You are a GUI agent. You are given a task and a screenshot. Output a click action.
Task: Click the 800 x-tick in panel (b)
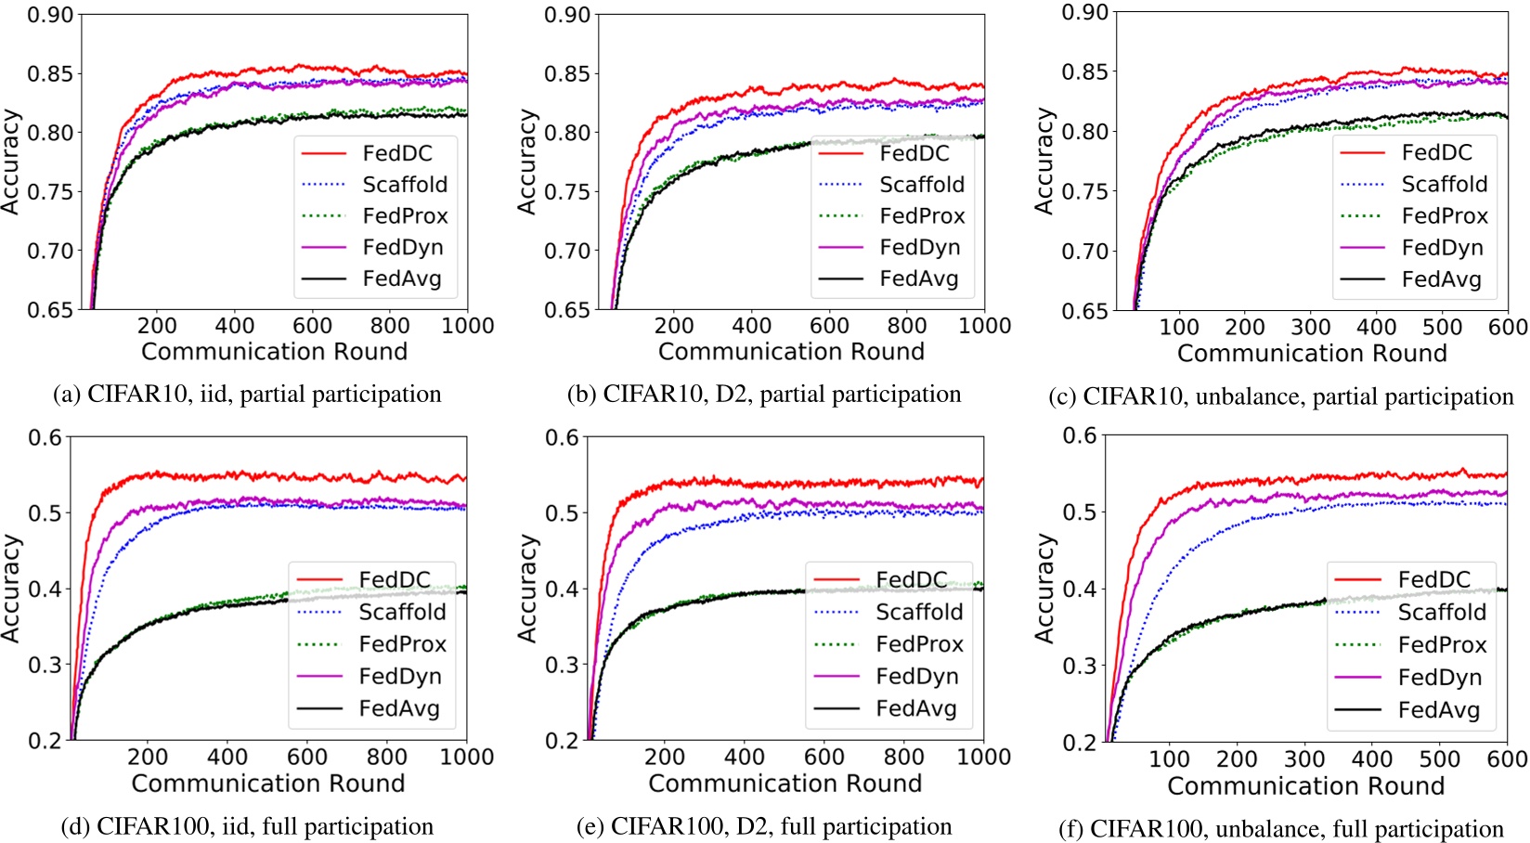pyautogui.click(x=906, y=326)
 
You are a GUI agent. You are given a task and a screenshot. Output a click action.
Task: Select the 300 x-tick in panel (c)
pyautogui.click(x=1310, y=328)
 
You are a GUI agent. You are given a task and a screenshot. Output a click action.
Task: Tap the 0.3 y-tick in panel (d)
pyautogui.click(x=45, y=665)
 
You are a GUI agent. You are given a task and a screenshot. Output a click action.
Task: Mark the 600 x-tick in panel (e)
pyautogui.click(x=823, y=758)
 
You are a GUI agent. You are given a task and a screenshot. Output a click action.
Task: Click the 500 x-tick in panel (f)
pyautogui.click(x=1439, y=759)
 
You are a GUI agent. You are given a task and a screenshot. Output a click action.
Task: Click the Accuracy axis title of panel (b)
pyautogui.click(x=527, y=162)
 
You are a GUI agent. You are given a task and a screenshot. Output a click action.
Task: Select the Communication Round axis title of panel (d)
pyautogui.click(x=268, y=784)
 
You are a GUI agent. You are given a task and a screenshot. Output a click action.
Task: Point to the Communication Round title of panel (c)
pyautogui.click(x=1312, y=354)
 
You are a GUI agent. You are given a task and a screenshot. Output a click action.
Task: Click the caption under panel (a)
pyautogui.click(x=248, y=395)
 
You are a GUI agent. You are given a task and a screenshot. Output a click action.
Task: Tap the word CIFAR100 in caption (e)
pyautogui.click(x=663, y=827)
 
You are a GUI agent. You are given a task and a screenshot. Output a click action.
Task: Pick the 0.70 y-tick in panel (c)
pyautogui.click(x=1085, y=251)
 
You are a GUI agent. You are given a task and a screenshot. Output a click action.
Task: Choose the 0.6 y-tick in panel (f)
pyautogui.click(x=1078, y=435)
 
